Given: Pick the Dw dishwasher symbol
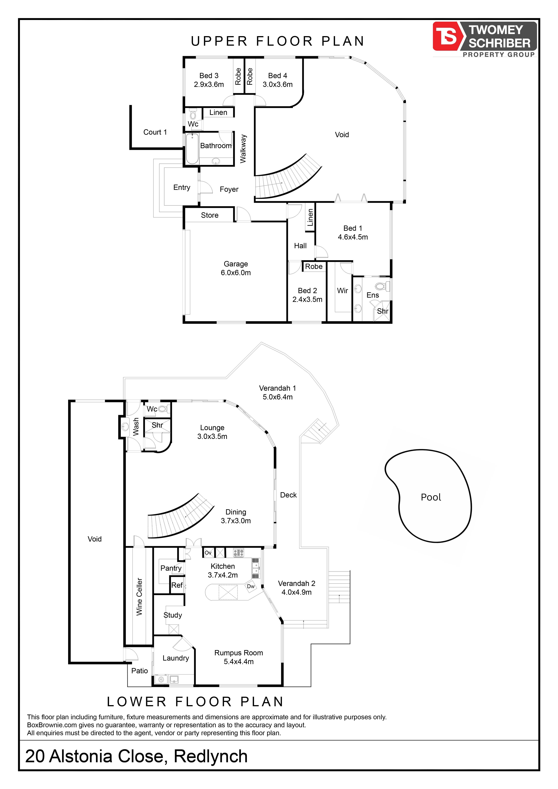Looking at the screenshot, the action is click(x=251, y=586).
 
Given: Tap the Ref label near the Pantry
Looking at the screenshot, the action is click(x=177, y=585).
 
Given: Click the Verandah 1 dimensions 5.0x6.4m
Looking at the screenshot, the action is click(x=278, y=397).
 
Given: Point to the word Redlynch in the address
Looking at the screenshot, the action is click(x=211, y=756).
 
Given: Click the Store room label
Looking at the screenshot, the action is click(x=210, y=215).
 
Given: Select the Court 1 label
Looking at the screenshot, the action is click(x=155, y=132).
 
